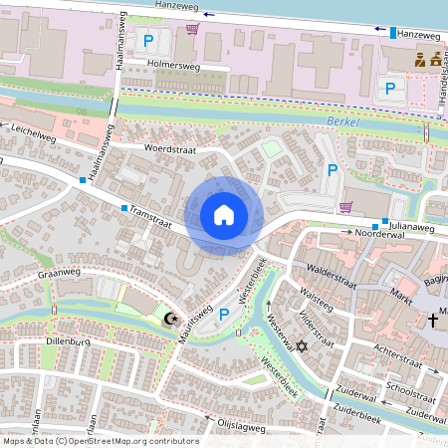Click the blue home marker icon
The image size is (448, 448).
224,214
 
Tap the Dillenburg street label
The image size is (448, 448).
68,341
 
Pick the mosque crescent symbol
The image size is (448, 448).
169,319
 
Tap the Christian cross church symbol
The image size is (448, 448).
433,320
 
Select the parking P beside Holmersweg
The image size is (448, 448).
148,41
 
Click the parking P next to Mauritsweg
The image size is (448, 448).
224,315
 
